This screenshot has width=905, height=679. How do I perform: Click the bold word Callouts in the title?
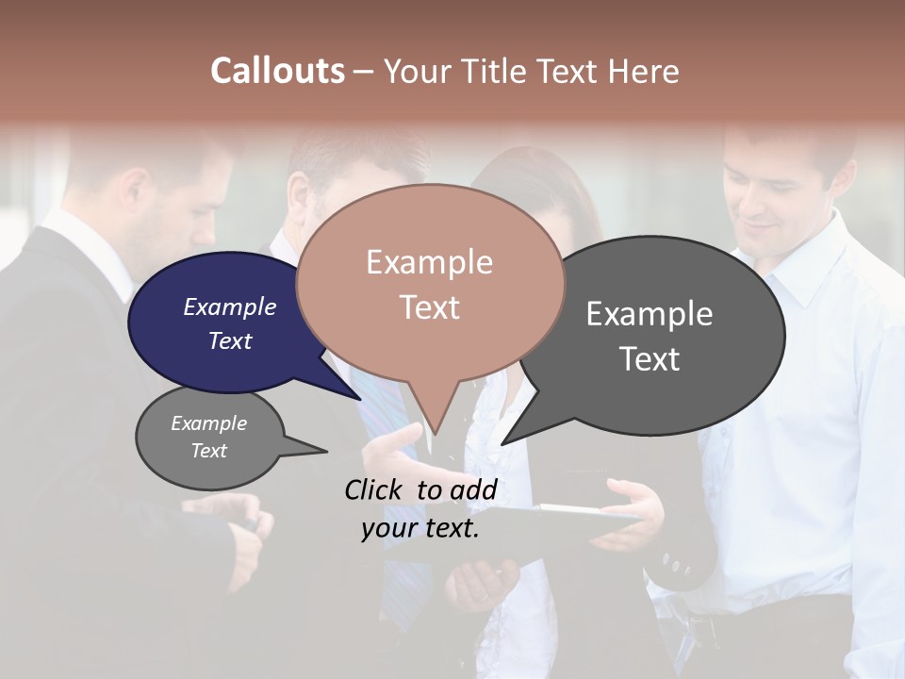[277, 71]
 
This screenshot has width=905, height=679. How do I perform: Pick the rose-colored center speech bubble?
[430, 283]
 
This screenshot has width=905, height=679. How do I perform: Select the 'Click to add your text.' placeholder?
[420, 508]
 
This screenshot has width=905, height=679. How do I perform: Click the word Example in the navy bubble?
[229, 306]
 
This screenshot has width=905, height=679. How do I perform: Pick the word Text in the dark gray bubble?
[650, 359]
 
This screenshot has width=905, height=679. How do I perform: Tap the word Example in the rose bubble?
[429, 262]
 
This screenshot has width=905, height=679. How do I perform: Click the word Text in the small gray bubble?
[209, 451]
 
